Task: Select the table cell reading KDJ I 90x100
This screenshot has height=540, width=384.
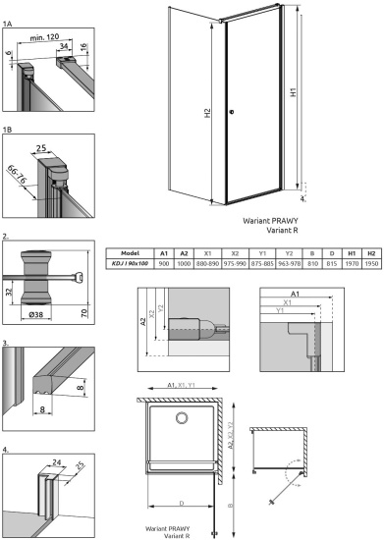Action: click(130, 264)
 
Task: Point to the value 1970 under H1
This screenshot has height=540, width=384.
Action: click(353, 264)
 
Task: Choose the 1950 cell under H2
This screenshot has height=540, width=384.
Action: click(371, 264)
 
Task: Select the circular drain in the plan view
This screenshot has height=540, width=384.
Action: click(180, 419)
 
